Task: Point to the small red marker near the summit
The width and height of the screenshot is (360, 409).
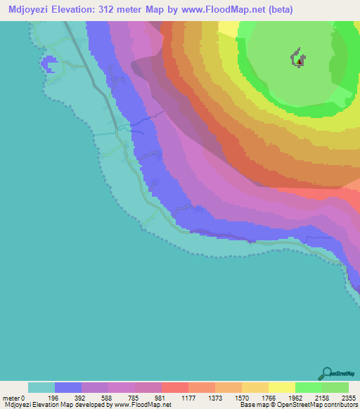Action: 300,61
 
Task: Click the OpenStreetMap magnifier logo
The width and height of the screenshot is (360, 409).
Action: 326,372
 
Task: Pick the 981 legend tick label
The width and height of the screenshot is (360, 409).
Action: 162,397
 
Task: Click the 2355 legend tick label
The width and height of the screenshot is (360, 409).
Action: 349,397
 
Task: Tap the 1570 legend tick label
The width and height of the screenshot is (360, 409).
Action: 242,397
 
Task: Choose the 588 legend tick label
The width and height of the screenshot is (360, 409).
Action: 108,397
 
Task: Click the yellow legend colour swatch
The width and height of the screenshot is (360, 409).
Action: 281,387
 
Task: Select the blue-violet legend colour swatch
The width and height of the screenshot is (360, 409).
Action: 68,387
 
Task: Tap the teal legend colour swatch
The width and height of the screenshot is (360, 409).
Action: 41,387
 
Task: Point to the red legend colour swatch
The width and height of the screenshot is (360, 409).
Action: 174,387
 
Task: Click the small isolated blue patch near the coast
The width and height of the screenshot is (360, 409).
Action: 49,65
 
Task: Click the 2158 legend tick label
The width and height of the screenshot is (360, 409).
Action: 322,397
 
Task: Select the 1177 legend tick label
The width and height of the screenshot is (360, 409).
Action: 188,397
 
